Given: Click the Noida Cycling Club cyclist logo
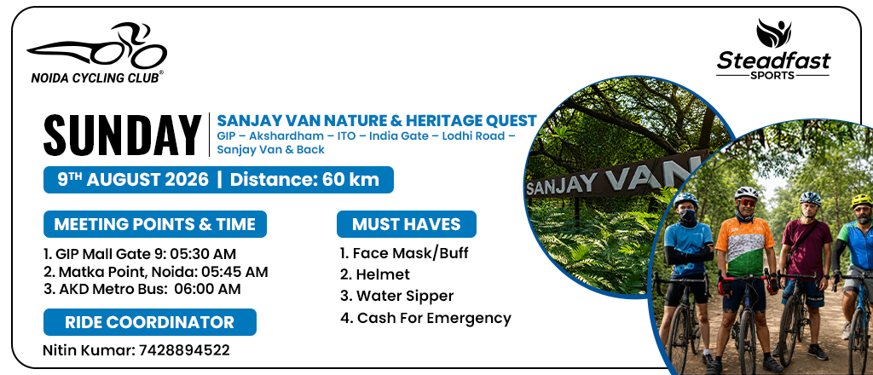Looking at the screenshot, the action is pyautogui.click(x=97, y=46).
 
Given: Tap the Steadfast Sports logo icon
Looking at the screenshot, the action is pyautogui.click(x=773, y=33).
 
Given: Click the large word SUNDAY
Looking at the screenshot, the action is pyautogui.click(x=123, y=136).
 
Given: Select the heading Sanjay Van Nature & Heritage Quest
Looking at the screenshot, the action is pyautogui.click(x=376, y=121).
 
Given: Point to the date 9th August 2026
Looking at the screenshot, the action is pyautogui.click(x=133, y=180).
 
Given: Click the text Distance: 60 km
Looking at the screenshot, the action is pyautogui.click(x=304, y=180).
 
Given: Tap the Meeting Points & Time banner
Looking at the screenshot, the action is pyautogui.click(x=155, y=224).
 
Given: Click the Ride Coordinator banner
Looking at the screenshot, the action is pyautogui.click(x=150, y=322).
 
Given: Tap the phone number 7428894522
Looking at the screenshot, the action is pyautogui.click(x=184, y=350).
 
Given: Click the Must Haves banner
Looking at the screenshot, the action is pyautogui.click(x=407, y=224).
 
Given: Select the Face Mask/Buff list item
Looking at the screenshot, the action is pyautogui.click(x=404, y=254).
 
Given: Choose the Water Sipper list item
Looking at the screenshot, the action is pyautogui.click(x=396, y=296).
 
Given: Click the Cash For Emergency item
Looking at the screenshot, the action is pyautogui.click(x=425, y=318).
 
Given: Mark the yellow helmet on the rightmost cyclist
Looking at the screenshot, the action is pyautogui.click(x=862, y=200).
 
